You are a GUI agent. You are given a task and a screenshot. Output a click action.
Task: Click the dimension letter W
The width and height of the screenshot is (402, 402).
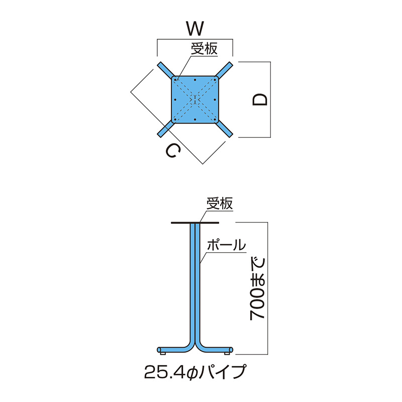195,29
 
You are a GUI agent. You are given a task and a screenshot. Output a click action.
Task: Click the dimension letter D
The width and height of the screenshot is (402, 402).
260,99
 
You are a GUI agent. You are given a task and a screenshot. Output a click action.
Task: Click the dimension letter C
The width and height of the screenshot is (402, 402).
173,151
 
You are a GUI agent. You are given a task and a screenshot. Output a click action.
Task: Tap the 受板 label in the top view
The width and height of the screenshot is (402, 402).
204,49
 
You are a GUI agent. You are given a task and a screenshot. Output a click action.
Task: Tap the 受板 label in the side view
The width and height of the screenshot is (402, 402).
220,204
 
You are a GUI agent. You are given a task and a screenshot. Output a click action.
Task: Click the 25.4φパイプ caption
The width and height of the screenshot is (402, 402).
195,372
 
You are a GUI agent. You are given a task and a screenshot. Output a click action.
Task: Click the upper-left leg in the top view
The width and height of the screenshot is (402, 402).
166,70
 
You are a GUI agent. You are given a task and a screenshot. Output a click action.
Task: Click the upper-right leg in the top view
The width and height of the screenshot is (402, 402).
224,70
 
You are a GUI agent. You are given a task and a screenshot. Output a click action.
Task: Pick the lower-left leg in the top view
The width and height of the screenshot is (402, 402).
166,129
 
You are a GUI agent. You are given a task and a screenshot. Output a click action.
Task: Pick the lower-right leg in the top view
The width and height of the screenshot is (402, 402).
224,129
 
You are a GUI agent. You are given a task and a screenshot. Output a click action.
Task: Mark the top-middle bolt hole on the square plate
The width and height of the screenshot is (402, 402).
195,80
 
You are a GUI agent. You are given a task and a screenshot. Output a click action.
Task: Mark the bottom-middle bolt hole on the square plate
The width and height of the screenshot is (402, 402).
195,120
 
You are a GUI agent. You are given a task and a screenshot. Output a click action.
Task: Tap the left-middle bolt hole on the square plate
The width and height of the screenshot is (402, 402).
175,99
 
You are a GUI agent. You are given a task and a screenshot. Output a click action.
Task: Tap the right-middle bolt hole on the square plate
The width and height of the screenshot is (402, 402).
215,99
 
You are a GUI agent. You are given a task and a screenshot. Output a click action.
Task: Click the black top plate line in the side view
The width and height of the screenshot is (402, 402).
195,223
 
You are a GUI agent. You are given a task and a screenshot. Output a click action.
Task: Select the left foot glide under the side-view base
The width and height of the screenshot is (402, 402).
162,354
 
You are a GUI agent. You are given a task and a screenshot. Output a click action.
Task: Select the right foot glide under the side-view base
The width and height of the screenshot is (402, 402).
227,354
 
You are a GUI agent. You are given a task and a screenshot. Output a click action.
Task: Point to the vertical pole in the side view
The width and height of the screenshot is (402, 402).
195,282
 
